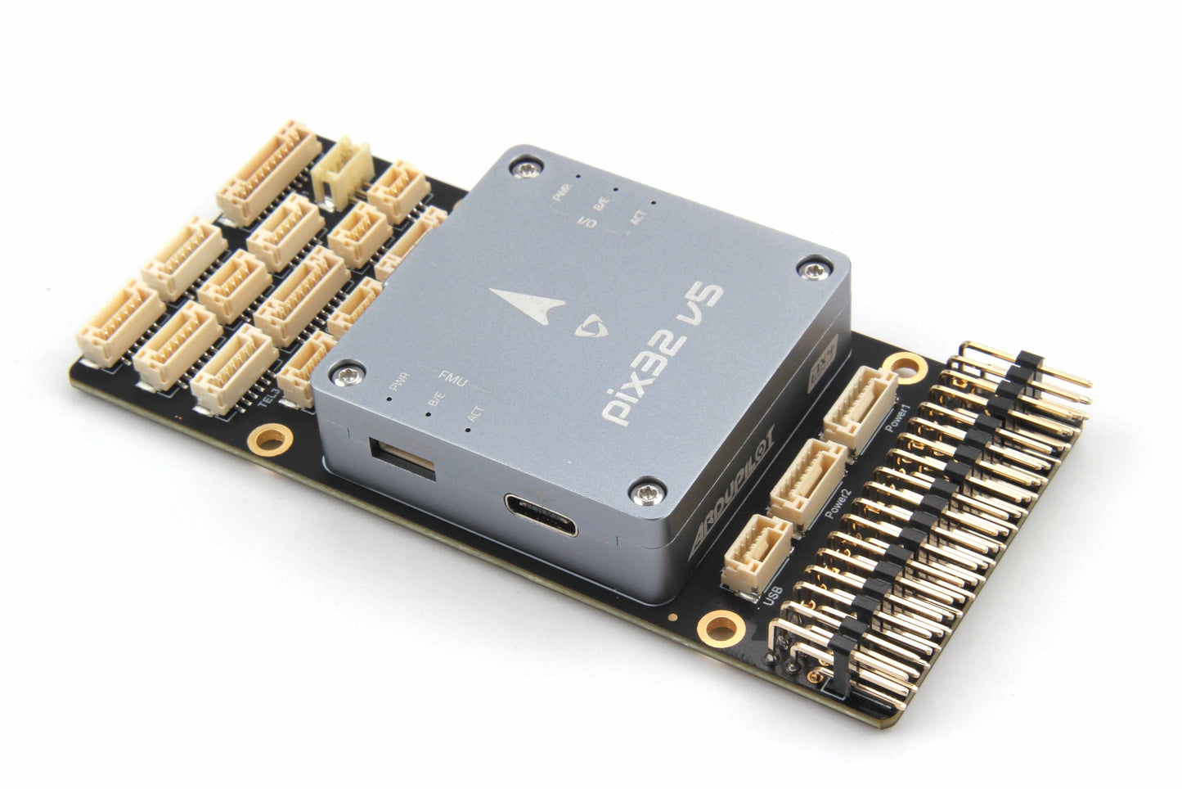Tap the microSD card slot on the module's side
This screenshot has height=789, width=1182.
pos(402,455)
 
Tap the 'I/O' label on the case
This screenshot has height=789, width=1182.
pos(587,221)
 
